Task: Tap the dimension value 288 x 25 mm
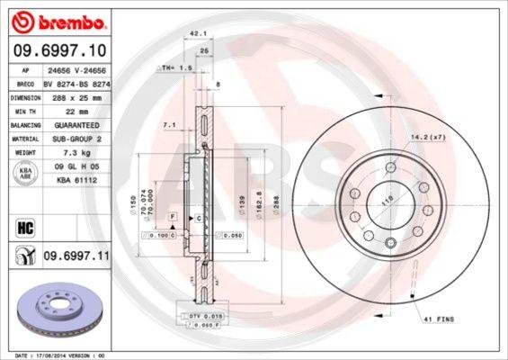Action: point(76,96)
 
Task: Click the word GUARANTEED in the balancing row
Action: point(76,125)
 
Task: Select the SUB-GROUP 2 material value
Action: point(76,139)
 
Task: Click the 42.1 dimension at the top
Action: point(192,35)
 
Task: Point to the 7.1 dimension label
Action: point(168,125)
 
